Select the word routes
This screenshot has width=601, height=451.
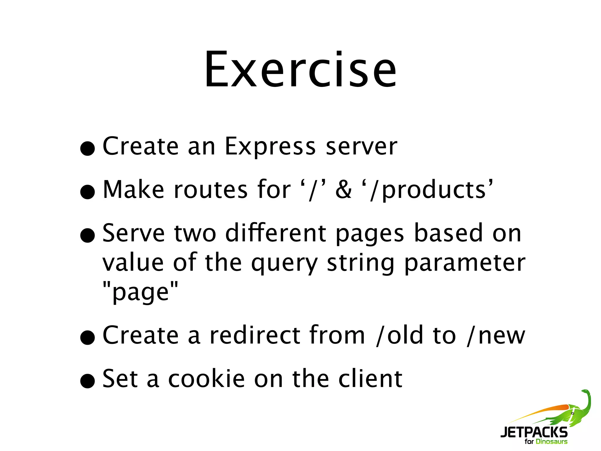click(210, 190)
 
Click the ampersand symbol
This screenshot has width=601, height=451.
click(343, 190)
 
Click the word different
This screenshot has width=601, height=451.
click(276, 233)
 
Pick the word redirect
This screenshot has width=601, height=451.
click(254, 335)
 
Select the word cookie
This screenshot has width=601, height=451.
click(206, 379)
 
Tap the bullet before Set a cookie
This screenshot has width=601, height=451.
click(88, 381)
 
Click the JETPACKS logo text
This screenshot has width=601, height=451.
click(534, 433)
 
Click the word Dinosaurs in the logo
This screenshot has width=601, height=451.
click(551, 442)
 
